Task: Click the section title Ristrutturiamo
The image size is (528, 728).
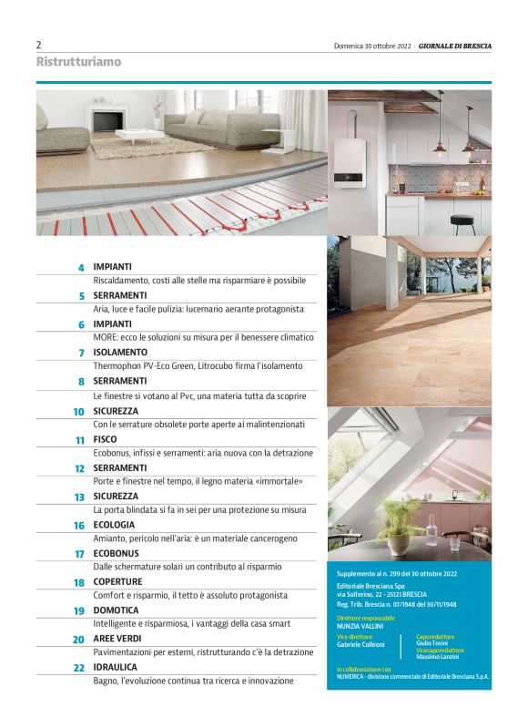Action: pyautogui.click(x=78, y=62)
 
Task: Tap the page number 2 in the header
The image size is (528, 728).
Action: pyautogui.click(x=38, y=45)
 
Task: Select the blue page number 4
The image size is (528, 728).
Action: pyautogui.click(x=81, y=268)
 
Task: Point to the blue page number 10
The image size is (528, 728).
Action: pyautogui.click(x=78, y=412)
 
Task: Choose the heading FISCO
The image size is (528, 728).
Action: pyautogui.click(x=105, y=439)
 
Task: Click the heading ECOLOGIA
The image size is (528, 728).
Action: pyautogui.click(x=114, y=525)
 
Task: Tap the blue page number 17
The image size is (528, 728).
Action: pyautogui.click(x=79, y=554)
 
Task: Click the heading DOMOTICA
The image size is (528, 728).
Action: pyautogui.click(x=116, y=610)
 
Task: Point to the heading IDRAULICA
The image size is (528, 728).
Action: pyautogui.click(x=116, y=667)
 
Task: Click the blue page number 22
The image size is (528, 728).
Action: pyautogui.click(x=78, y=668)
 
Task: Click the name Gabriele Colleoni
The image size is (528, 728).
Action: pyautogui.click(x=360, y=644)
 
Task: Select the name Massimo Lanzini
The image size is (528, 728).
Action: pyautogui.click(x=438, y=658)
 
